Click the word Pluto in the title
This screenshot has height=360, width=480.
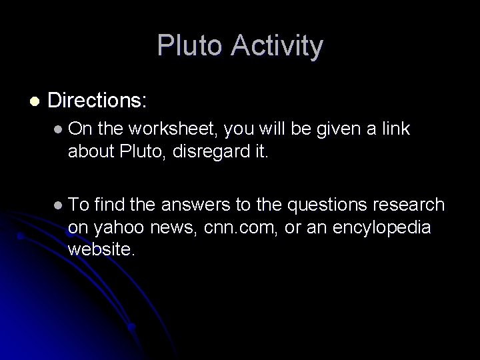[x=187, y=46]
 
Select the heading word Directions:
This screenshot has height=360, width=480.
[x=98, y=101]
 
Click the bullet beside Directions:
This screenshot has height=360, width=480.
[x=34, y=101]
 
